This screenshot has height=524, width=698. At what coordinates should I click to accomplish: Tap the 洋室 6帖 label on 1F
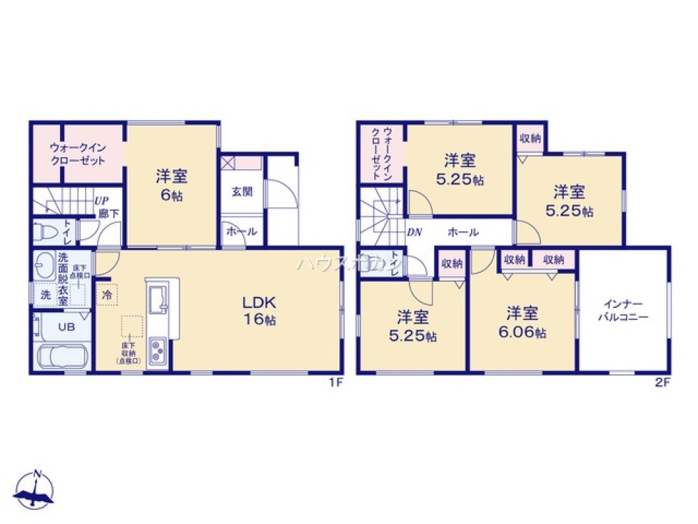172,186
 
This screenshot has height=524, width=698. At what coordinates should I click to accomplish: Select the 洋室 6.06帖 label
523,322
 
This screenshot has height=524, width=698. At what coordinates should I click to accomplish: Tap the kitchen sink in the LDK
159,300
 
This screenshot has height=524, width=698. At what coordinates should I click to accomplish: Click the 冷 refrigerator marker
107,296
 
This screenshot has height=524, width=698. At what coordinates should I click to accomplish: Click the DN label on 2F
414,232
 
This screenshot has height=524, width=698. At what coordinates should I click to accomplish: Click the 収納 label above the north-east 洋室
530,138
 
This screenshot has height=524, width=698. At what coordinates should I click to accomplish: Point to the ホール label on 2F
463,231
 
